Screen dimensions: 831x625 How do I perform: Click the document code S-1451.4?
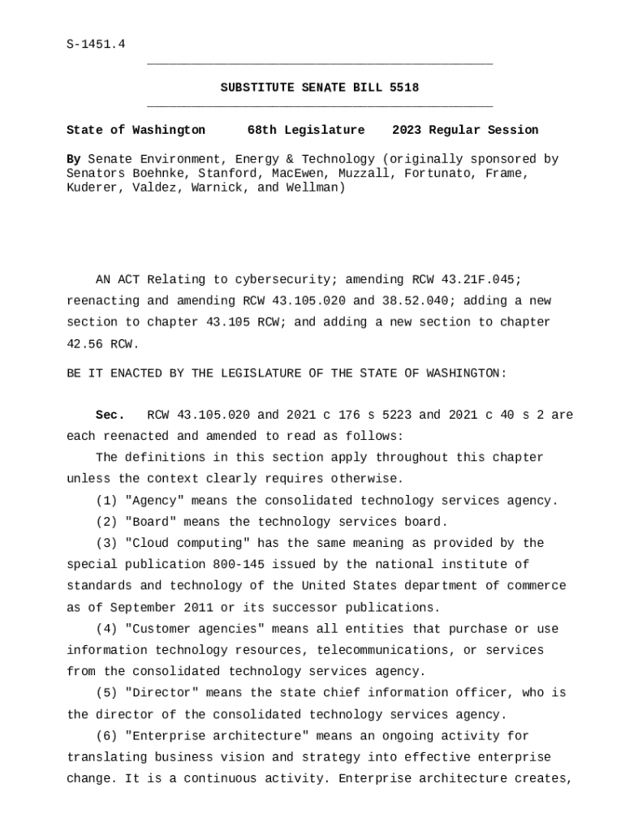[96, 45]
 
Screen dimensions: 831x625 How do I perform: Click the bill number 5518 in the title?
[404, 88]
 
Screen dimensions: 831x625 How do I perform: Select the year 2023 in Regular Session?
[407, 130]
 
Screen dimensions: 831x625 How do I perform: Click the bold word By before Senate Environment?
[73, 159]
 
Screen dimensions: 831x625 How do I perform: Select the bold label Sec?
[110, 415]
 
